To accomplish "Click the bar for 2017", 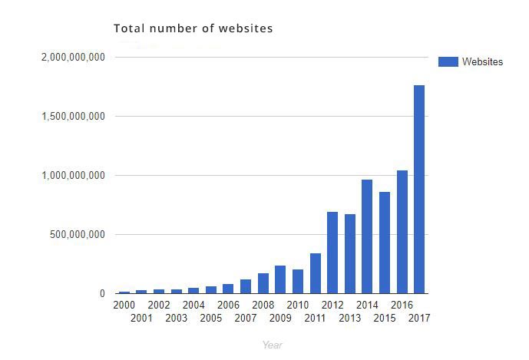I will pyautogui.click(x=419, y=189).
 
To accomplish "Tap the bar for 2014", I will pyautogui.click(x=367, y=236).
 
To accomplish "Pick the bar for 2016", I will pyautogui.click(x=402, y=232).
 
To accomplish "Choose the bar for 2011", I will pyautogui.click(x=315, y=273).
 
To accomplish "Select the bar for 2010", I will pyautogui.click(x=298, y=282).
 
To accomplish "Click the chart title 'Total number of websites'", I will pyautogui.click(x=193, y=29).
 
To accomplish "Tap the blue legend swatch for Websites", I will pyautogui.click(x=448, y=61).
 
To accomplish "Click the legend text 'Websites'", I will pyautogui.click(x=482, y=61).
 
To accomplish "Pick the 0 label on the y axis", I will pyautogui.click(x=102, y=293).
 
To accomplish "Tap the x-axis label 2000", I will pyautogui.click(x=124, y=305).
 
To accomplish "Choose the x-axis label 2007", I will pyautogui.click(x=245, y=318).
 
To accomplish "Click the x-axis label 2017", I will pyautogui.click(x=419, y=318).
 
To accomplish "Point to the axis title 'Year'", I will pyautogui.click(x=272, y=345).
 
